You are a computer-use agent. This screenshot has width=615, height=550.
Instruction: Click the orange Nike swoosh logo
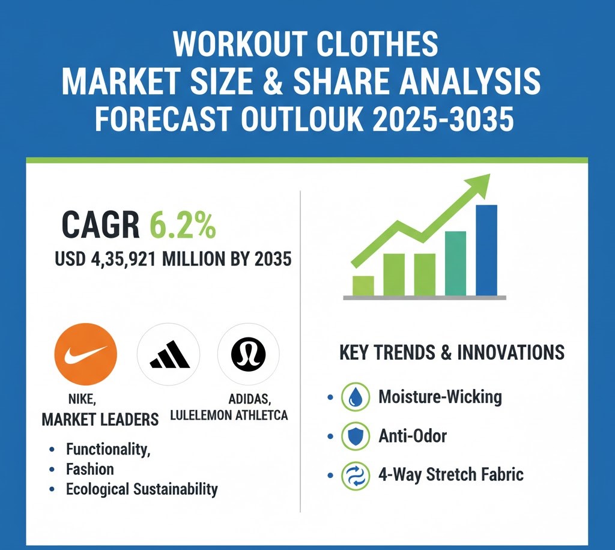pyautogui.click(x=85, y=354)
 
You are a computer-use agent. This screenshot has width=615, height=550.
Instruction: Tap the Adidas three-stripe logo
pyautogui.click(x=169, y=354)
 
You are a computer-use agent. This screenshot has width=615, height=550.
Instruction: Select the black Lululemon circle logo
pyautogui.click(x=249, y=354)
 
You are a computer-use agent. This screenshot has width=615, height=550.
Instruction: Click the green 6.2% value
pyautogui.click(x=183, y=225)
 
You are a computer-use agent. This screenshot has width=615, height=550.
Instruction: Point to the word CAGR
pyautogui.click(x=100, y=225)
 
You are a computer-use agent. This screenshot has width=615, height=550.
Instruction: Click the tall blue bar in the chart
pyautogui.click(x=486, y=250)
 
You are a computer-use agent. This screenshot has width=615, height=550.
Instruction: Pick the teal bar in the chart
pyautogui.click(x=455, y=264)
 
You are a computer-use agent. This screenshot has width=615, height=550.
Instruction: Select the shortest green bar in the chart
pyautogui.click(x=363, y=286)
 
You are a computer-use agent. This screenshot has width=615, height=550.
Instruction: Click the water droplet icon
pyautogui.click(x=356, y=397)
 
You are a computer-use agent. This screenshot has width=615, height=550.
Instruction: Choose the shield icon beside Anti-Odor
pyautogui.click(x=356, y=436)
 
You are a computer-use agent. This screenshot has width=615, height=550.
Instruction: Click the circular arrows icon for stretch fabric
pyautogui.click(x=356, y=476)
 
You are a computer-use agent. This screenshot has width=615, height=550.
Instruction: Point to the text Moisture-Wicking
pyautogui.click(x=440, y=397)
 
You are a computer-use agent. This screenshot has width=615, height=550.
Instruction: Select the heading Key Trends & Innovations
pyautogui.click(x=452, y=352)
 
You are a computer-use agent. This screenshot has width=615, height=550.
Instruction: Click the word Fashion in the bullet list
pyautogui.click(x=90, y=470)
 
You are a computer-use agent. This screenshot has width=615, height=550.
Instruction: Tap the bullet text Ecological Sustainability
pyautogui.click(x=142, y=489)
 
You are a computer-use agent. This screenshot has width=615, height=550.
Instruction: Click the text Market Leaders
pyautogui.click(x=100, y=420)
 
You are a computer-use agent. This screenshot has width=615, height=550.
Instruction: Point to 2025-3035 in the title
pyautogui.click(x=443, y=119)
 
